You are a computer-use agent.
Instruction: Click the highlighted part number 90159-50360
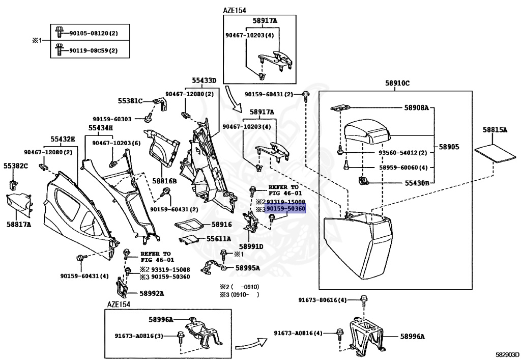click(x=285, y=209)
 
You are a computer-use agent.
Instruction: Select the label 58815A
click(x=495, y=130)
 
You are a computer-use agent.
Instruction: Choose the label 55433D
click(x=204, y=80)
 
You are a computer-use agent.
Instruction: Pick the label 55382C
click(x=16, y=166)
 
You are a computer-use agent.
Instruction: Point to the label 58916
click(x=222, y=224)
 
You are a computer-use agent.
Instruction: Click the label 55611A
click(x=219, y=238)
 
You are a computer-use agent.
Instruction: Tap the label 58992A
click(x=151, y=293)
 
